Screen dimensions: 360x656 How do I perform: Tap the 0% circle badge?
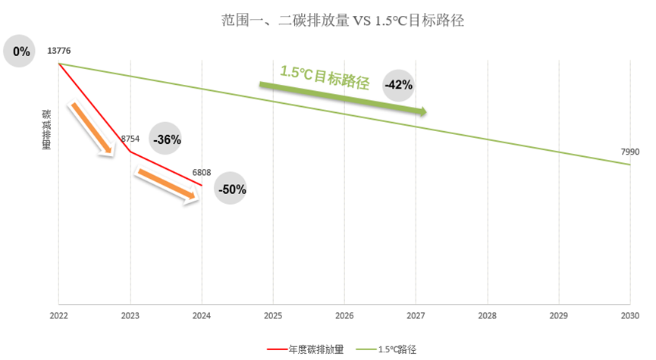[21, 52]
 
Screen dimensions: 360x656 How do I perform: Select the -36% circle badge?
[166, 139]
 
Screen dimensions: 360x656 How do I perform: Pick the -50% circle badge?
[231, 189]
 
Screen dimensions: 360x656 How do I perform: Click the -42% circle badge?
[398, 85]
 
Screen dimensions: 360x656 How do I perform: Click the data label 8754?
[130, 139]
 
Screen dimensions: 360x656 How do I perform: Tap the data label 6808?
[202, 173]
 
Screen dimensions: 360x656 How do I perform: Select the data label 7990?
[630, 152]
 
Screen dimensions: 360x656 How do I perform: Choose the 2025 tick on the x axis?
[273, 315]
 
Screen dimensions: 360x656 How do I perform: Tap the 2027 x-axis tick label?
[416, 315]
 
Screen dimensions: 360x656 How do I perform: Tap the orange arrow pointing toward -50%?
[165, 186]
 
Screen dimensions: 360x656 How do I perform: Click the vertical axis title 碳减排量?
[46, 129]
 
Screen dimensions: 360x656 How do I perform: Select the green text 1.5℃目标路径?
[324, 77]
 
